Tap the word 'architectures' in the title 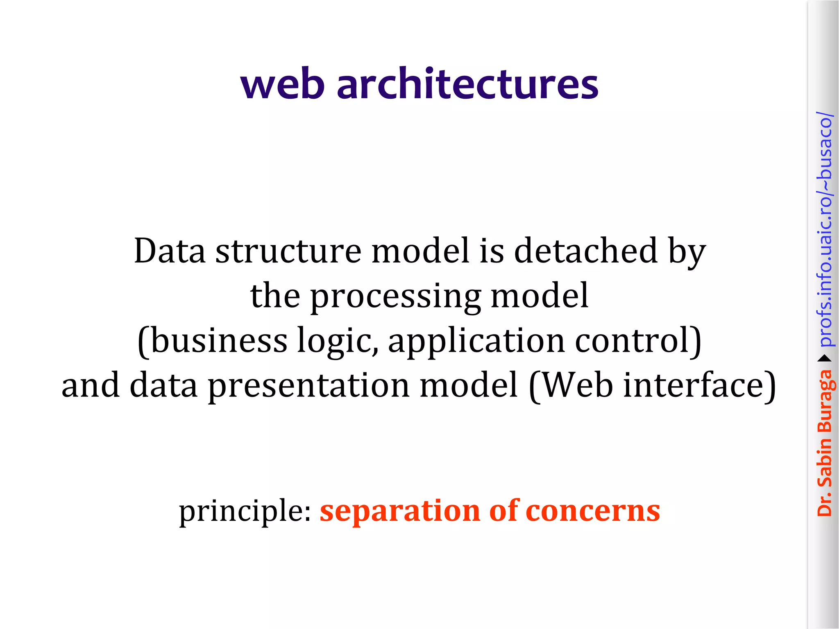pyautogui.click(x=467, y=84)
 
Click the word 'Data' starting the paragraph pyautogui.click(x=170, y=251)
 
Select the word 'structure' pyautogui.click(x=288, y=251)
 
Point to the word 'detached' pyautogui.click(x=585, y=251)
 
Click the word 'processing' pyautogui.click(x=395, y=297)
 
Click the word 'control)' pyautogui.click(x=638, y=341)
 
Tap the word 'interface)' pyautogui.click(x=699, y=385)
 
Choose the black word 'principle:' pyautogui.click(x=245, y=512)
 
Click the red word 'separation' pyautogui.click(x=399, y=512)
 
